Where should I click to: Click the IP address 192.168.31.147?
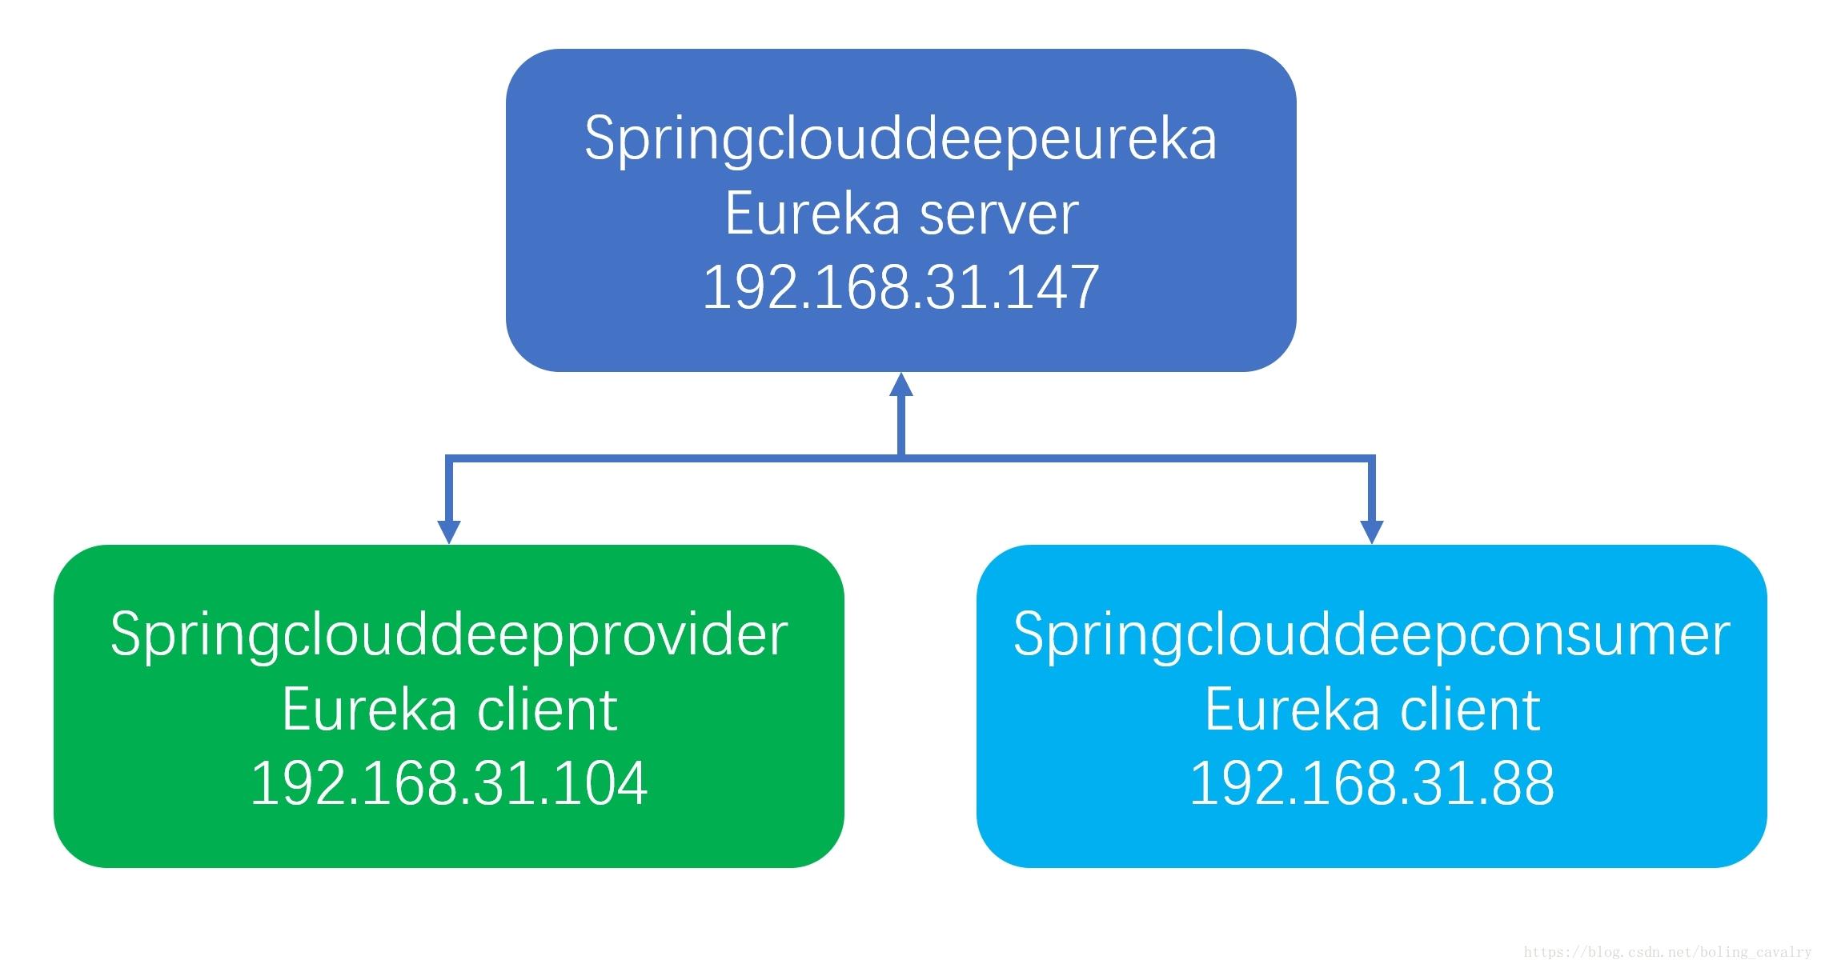click(900, 288)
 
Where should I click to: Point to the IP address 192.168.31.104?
click(449, 784)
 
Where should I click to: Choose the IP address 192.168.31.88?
click(1372, 784)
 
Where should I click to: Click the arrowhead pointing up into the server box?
click(901, 384)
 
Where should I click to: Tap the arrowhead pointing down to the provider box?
click(449, 532)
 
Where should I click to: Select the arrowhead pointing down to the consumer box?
click(1372, 532)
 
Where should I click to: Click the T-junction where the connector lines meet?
click(901, 458)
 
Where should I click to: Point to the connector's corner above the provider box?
click(449, 458)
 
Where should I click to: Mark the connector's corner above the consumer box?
click(1372, 458)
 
